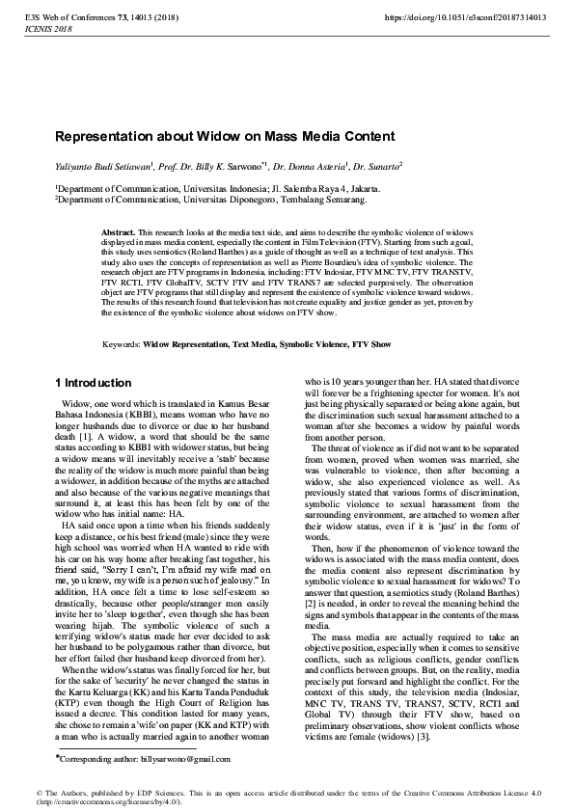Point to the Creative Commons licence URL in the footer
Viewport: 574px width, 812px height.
105,801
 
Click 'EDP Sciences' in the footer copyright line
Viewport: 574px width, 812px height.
156,793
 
